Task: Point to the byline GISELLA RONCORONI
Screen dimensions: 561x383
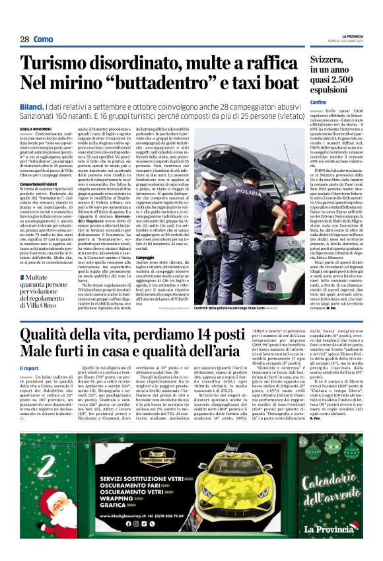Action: click(x=35, y=129)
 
